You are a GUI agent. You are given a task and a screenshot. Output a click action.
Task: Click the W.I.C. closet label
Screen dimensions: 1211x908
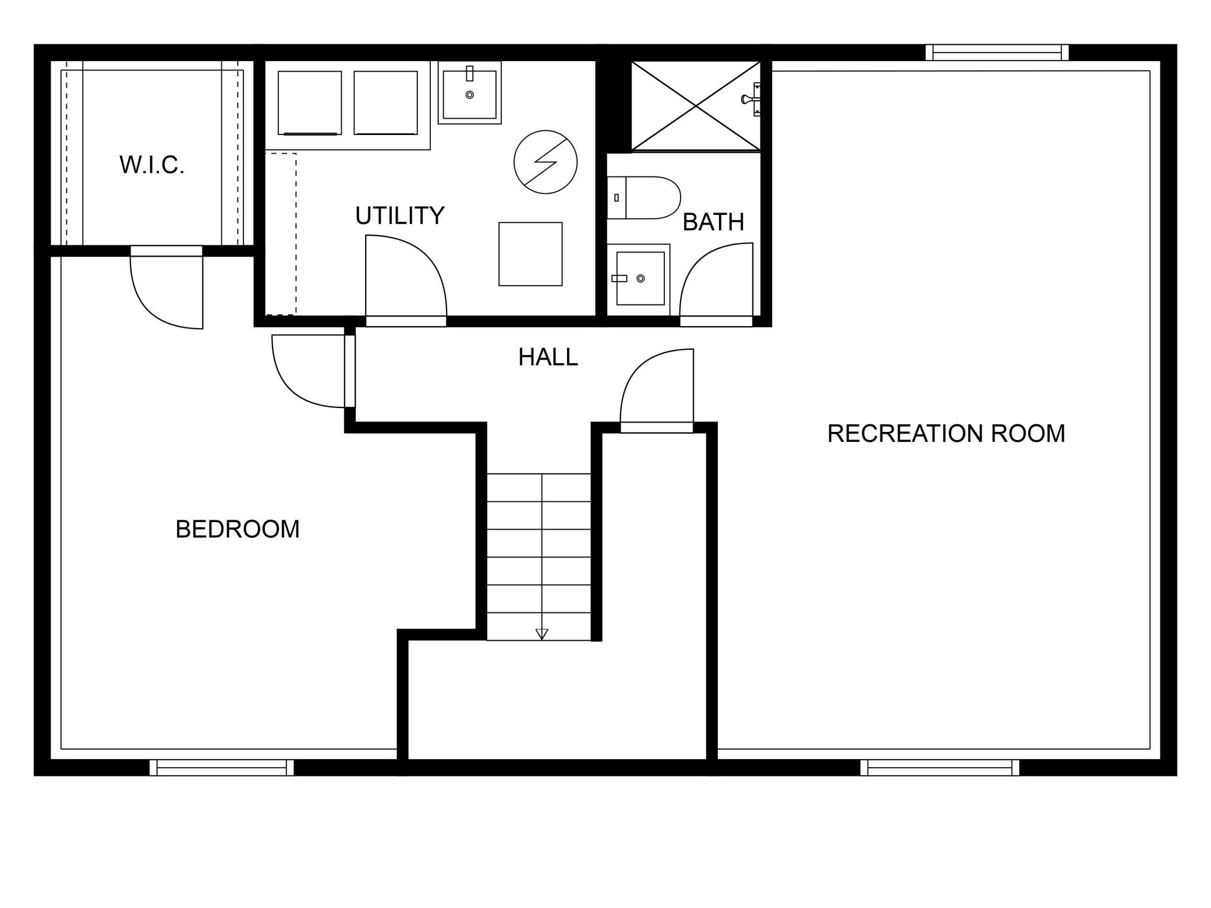152,165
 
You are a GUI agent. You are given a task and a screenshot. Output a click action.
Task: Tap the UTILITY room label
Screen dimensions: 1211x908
400,215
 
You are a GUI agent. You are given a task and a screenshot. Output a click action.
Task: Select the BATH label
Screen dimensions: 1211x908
713,222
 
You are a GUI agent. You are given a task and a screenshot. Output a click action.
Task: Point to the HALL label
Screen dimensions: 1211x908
548,357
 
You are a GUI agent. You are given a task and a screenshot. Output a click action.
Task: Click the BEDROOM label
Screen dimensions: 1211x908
238,529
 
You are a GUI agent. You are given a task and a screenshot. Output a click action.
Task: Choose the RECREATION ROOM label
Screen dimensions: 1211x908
946,433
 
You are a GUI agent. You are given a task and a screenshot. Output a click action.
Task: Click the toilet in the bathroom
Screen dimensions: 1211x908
644,198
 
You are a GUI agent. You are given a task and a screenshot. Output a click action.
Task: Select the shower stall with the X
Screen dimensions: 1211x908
696,106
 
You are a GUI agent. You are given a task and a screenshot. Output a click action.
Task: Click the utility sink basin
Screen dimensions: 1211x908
470,95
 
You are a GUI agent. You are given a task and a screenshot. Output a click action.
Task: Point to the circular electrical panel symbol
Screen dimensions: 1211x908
546,162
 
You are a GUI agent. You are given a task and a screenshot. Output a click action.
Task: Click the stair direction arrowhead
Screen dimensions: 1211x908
542,634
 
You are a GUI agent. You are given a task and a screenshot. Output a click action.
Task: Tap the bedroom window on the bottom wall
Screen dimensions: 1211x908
222,767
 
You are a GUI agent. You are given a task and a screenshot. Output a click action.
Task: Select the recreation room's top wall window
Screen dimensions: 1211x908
997,53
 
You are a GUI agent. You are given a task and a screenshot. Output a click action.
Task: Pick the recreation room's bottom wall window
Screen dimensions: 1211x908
940,767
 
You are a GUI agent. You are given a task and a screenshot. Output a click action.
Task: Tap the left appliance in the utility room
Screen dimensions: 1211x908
310,103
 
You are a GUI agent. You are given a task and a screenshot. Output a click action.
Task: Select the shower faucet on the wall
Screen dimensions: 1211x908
752,99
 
